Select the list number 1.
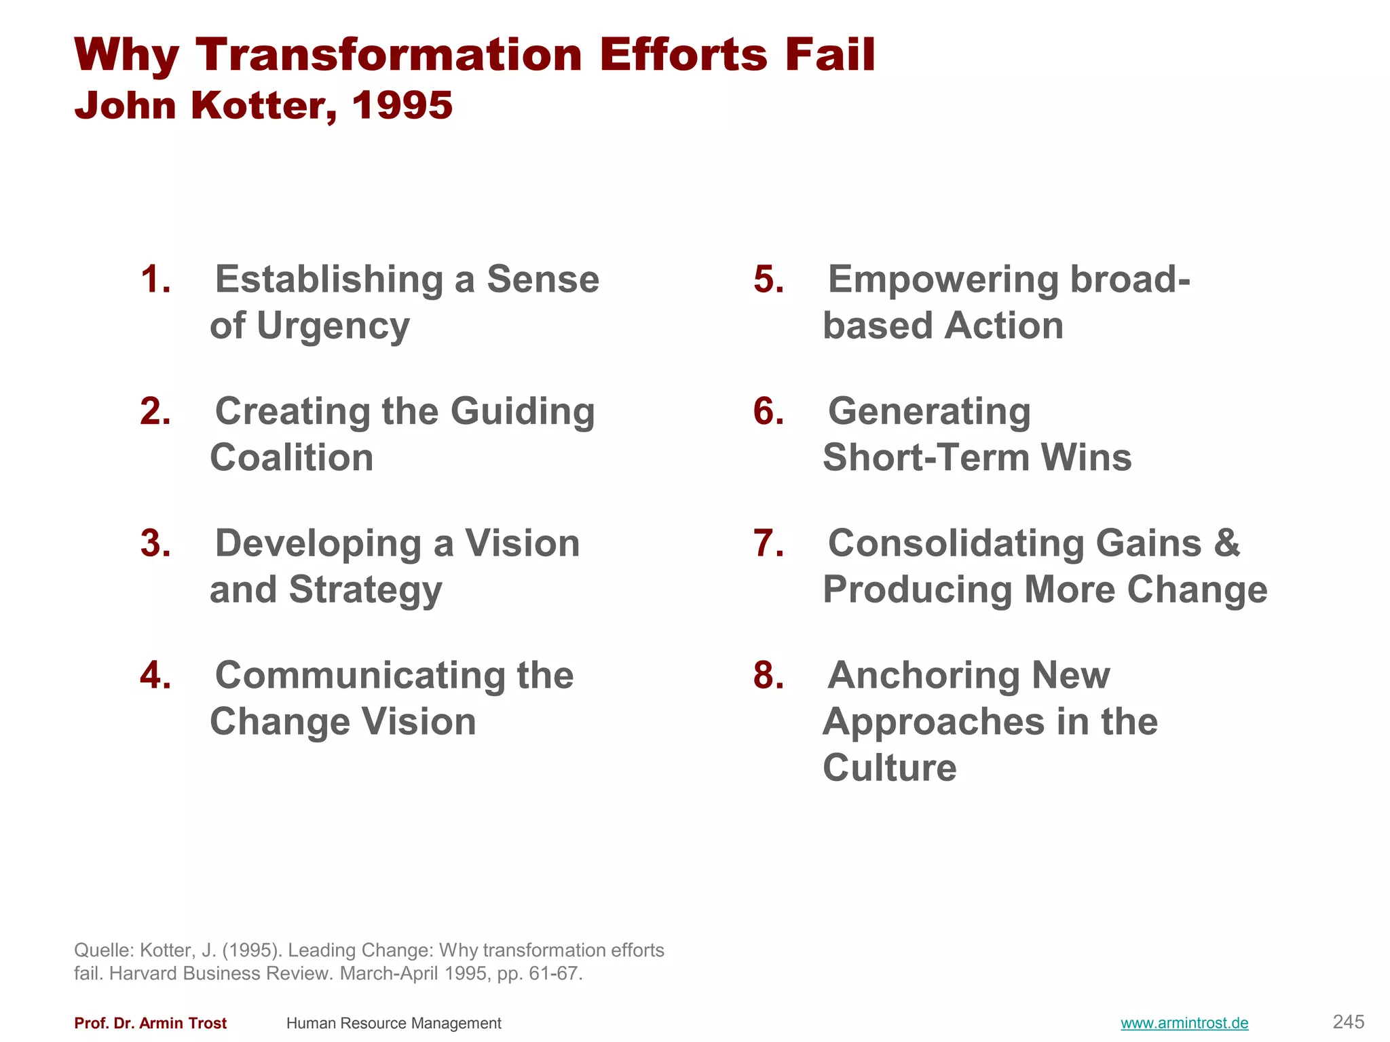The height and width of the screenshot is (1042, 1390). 155,279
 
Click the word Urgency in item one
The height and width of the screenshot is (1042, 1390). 333,326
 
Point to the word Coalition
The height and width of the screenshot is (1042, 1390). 291,458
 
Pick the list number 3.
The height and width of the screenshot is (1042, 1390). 155,543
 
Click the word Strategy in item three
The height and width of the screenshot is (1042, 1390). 365,590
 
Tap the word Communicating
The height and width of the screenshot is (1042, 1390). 360,676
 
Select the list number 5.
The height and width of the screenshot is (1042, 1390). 768,279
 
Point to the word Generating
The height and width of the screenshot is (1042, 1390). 928,412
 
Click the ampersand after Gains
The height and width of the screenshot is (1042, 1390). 1226,543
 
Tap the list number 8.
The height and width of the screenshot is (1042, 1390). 768,676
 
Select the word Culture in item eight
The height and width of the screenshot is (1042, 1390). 889,768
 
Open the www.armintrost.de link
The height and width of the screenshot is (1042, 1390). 1184,1023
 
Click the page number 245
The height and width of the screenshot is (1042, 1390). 1348,1022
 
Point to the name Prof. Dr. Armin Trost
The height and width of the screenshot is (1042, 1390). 150,1023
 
